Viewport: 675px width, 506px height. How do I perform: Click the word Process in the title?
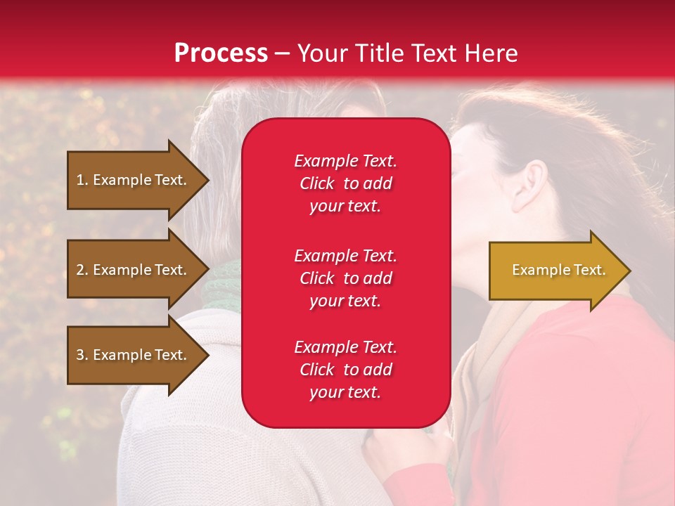221,53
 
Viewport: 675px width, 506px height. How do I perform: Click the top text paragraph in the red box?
345,183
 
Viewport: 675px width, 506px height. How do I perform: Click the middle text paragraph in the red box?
345,278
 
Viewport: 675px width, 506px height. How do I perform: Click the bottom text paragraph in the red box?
345,370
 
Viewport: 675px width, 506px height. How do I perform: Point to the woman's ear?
532,186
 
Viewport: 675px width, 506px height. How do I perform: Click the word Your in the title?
324,53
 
